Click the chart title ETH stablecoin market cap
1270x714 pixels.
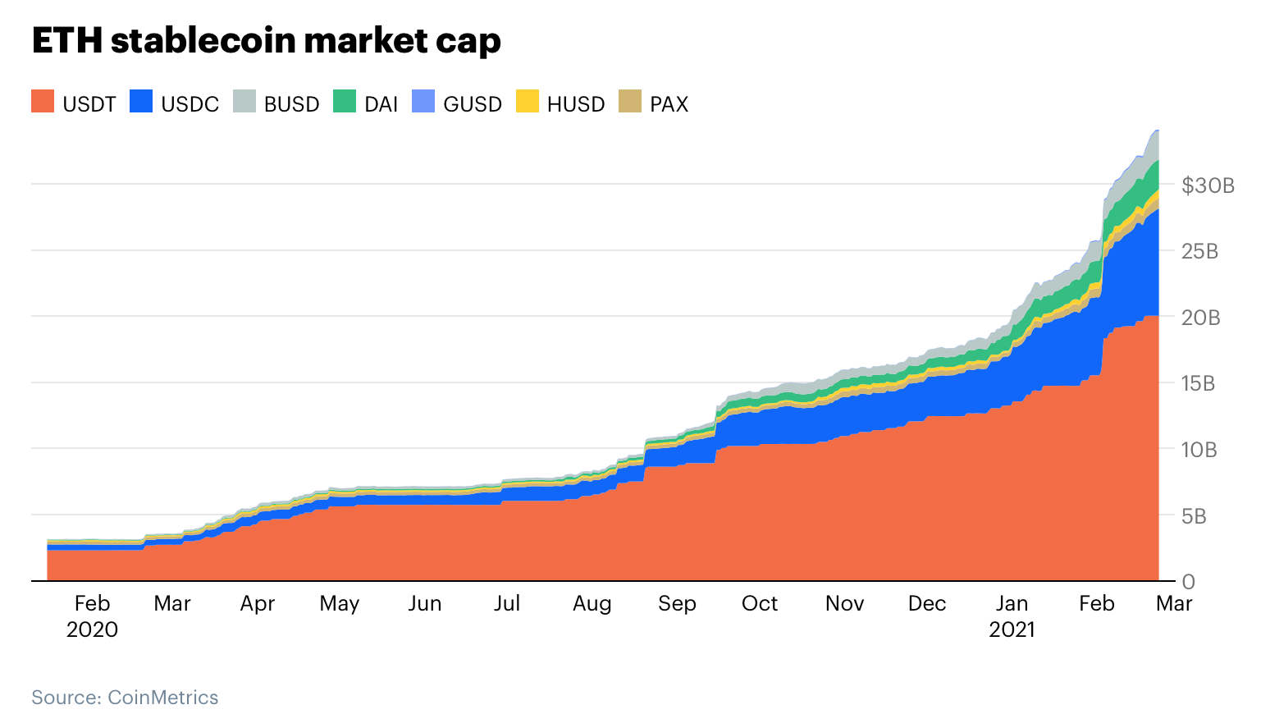click(266, 41)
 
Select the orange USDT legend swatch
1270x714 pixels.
click(43, 102)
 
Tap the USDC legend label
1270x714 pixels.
click(190, 104)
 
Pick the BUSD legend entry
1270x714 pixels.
click(276, 103)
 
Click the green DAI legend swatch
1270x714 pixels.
click(345, 102)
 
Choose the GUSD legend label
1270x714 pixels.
click(472, 104)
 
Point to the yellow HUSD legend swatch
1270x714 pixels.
click(528, 102)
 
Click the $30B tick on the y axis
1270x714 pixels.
click(1208, 185)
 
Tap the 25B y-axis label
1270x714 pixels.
click(1199, 251)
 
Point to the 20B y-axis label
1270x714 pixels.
click(1200, 318)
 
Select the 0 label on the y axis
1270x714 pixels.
click(1188, 582)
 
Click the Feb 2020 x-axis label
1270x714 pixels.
click(92, 616)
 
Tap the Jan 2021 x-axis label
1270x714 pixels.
click(1012, 616)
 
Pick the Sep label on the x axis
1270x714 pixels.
click(677, 604)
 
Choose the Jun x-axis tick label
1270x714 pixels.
click(424, 604)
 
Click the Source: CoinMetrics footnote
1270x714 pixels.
click(125, 698)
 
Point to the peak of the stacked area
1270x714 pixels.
click(1157, 130)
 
